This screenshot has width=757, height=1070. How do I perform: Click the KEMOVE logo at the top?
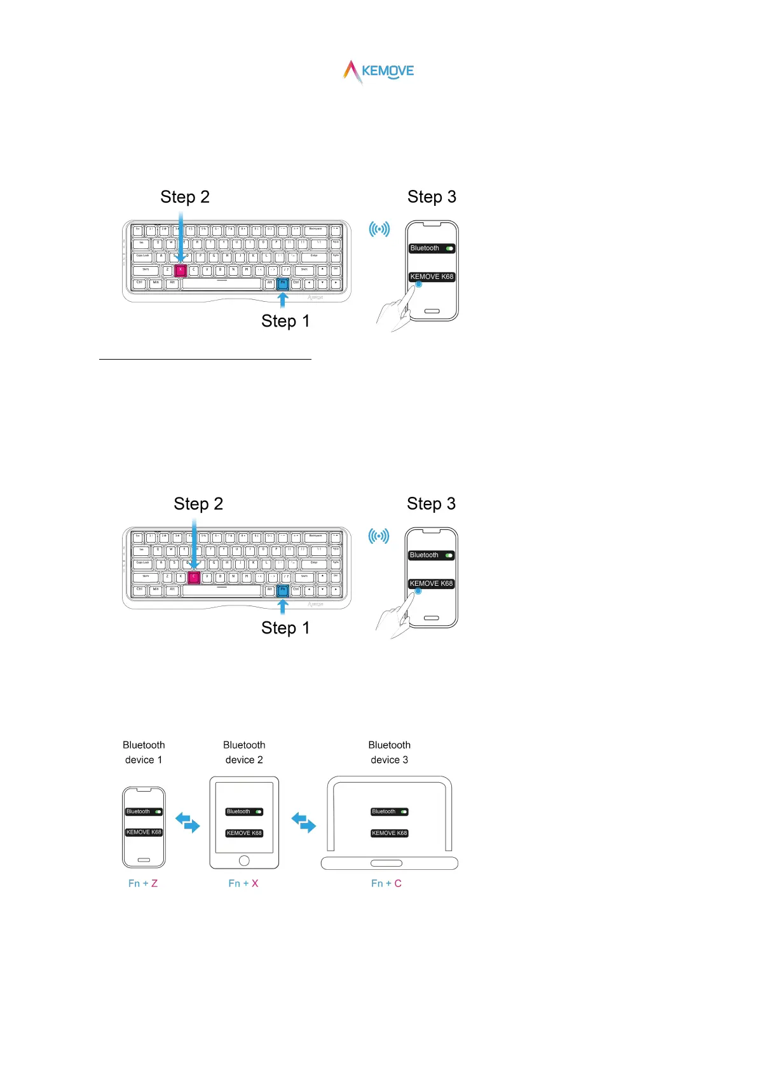pyautogui.click(x=379, y=71)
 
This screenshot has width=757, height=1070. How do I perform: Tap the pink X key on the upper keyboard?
pyautogui.click(x=181, y=270)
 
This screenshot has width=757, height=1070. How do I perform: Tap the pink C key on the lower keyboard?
pyautogui.click(x=194, y=577)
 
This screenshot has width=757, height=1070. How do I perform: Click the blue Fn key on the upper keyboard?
pyautogui.click(x=283, y=283)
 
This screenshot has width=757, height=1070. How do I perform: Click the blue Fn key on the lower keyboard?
pyautogui.click(x=283, y=590)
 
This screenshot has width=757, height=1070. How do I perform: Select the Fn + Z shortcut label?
pyautogui.click(x=143, y=883)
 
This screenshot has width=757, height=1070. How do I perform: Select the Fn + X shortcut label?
pyautogui.click(x=243, y=883)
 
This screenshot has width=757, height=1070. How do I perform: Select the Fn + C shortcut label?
pyautogui.click(x=386, y=883)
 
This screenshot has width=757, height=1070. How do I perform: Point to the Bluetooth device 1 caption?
pyautogui.click(x=144, y=752)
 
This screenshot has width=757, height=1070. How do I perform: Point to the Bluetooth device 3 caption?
pyautogui.click(x=390, y=752)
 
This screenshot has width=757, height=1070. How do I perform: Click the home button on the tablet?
pyautogui.click(x=244, y=860)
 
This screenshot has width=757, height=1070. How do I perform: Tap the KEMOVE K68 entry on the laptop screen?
pyautogui.click(x=390, y=833)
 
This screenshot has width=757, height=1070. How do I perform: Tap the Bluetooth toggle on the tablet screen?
pyautogui.click(x=259, y=812)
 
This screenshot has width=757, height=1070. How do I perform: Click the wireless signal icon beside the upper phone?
pyautogui.click(x=379, y=229)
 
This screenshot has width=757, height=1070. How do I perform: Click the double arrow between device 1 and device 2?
pyautogui.click(x=188, y=822)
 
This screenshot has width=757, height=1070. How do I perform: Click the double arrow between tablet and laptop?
pyautogui.click(x=304, y=822)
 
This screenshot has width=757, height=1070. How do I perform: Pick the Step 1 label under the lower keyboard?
pyautogui.click(x=285, y=628)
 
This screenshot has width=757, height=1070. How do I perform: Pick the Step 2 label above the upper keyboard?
pyautogui.click(x=185, y=197)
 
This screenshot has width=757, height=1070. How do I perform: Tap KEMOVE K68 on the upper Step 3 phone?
pyautogui.click(x=432, y=277)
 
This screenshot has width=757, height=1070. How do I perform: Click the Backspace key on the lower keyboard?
pyautogui.click(x=315, y=537)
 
